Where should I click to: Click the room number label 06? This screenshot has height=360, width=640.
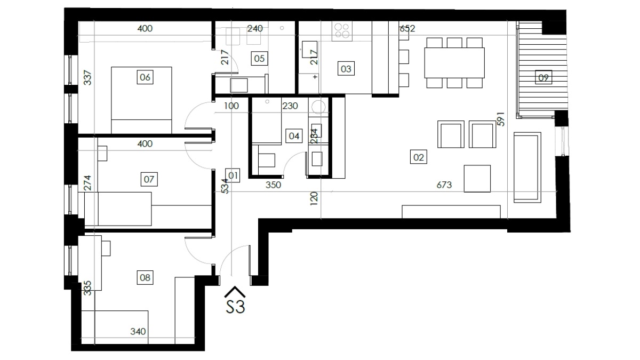pyautogui.click(x=145, y=77)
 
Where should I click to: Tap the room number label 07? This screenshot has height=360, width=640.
pyautogui.click(x=149, y=179)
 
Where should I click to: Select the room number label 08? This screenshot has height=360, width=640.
pyautogui.click(x=145, y=277)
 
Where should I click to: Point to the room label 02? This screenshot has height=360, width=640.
pyautogui.click(x=419, y=157)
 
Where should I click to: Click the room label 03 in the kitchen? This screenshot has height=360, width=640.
pyautogui.click(x=346, y=69)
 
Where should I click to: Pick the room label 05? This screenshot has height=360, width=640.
pyautogui.click(x=259, y=59)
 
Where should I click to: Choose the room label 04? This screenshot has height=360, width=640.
pyautogui.click(x=294, y=135)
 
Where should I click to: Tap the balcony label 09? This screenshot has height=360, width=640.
pyautogui.click(x=543, y=77)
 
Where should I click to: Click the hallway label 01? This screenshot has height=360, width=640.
pyautogui.click(x=233, y=175)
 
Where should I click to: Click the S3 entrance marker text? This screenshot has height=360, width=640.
pyautogui.click(x=235, y=306)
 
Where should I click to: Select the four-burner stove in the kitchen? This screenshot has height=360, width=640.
pyautogui.click(x=342, y=31)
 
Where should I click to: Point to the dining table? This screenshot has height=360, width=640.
pyautogui.click(x=454, y=63)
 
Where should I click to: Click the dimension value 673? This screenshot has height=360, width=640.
pyautogui.click(x=444, y=185)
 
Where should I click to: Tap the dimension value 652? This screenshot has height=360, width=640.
pyautogui.click(x=407, y=28)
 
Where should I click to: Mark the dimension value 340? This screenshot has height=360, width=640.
pyautogui.click(x=138, y=331)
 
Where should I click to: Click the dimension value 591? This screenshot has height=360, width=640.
pyautogui.click(x=501, y=119)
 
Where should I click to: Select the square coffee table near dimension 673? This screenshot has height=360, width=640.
pyautogui.click(x=477, y=179)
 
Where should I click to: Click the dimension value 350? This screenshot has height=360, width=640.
pyautogui.click(x=273, y=185)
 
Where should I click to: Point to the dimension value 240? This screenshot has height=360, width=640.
pyautogui.click(x=255, y=28)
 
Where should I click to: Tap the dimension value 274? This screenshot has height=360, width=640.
pyautogui.click(x=87, y=183)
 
